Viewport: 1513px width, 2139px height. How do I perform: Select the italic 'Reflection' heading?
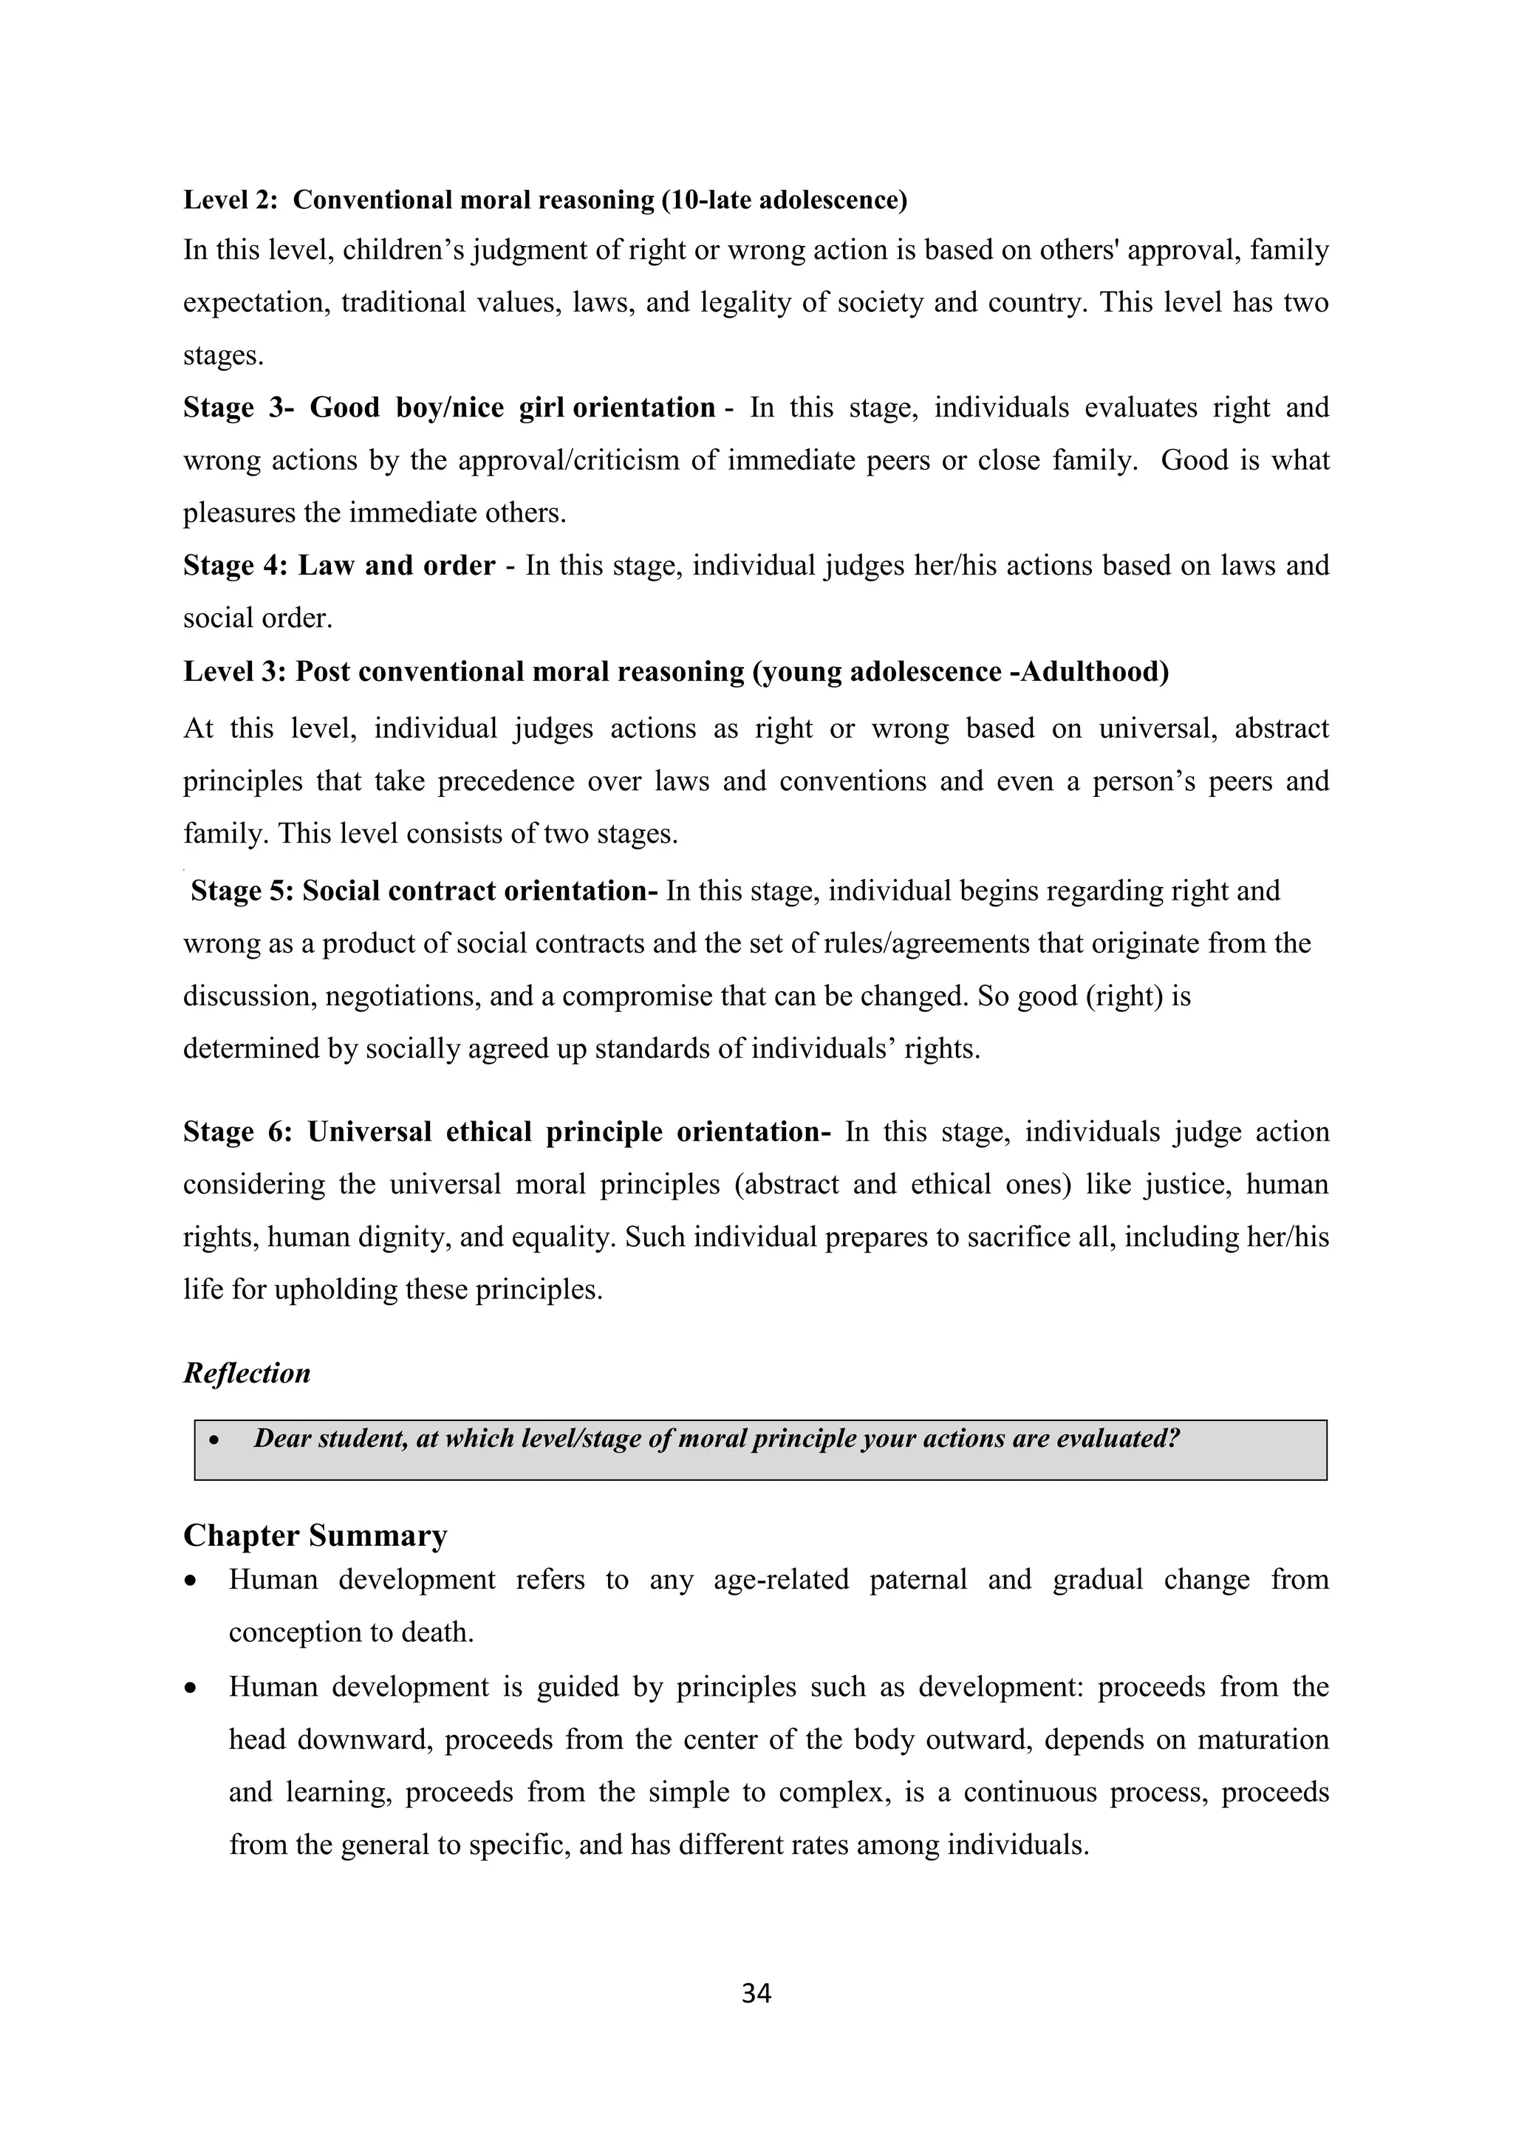[246, 1373]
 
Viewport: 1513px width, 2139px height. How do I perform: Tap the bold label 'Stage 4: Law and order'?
[339, 566]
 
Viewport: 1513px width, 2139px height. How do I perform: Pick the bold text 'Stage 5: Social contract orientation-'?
[424, 891]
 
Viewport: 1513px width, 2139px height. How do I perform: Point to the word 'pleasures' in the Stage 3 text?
[244, 513]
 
